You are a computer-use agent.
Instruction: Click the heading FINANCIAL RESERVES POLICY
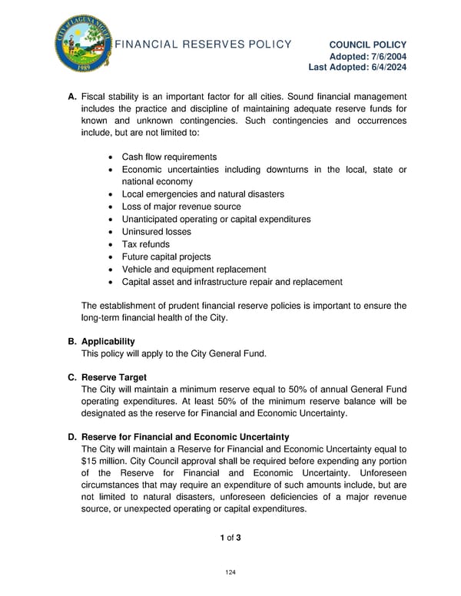pyautogui.click(x=203, y=45)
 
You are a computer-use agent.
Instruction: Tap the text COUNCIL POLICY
pyautogui.click(x=368, y=45)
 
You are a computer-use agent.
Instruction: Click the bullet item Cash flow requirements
pyautogui.click(x=169, y=157)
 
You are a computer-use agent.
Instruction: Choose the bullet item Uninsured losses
pyautogui.click(x=157, y=232)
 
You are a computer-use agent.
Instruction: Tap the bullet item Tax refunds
pyautogui.click(x=146, y=244)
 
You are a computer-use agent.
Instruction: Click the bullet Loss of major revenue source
pyautogui.click(x=181, y=207)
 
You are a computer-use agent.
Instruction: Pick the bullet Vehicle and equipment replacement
pyautogui.click(x=194, y=270)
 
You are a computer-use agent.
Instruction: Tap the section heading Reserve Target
pyautogui.click(x=114, y=378)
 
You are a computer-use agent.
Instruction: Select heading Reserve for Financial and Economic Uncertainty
pyautogui.click(x=185, y=437)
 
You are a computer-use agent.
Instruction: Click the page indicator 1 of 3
pyautogui.click(x=230, y=537)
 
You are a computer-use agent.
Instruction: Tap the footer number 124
pyautogui.click(x=230, y=573)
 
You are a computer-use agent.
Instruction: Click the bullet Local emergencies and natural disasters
pyautogui.click(x=203, y=194)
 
